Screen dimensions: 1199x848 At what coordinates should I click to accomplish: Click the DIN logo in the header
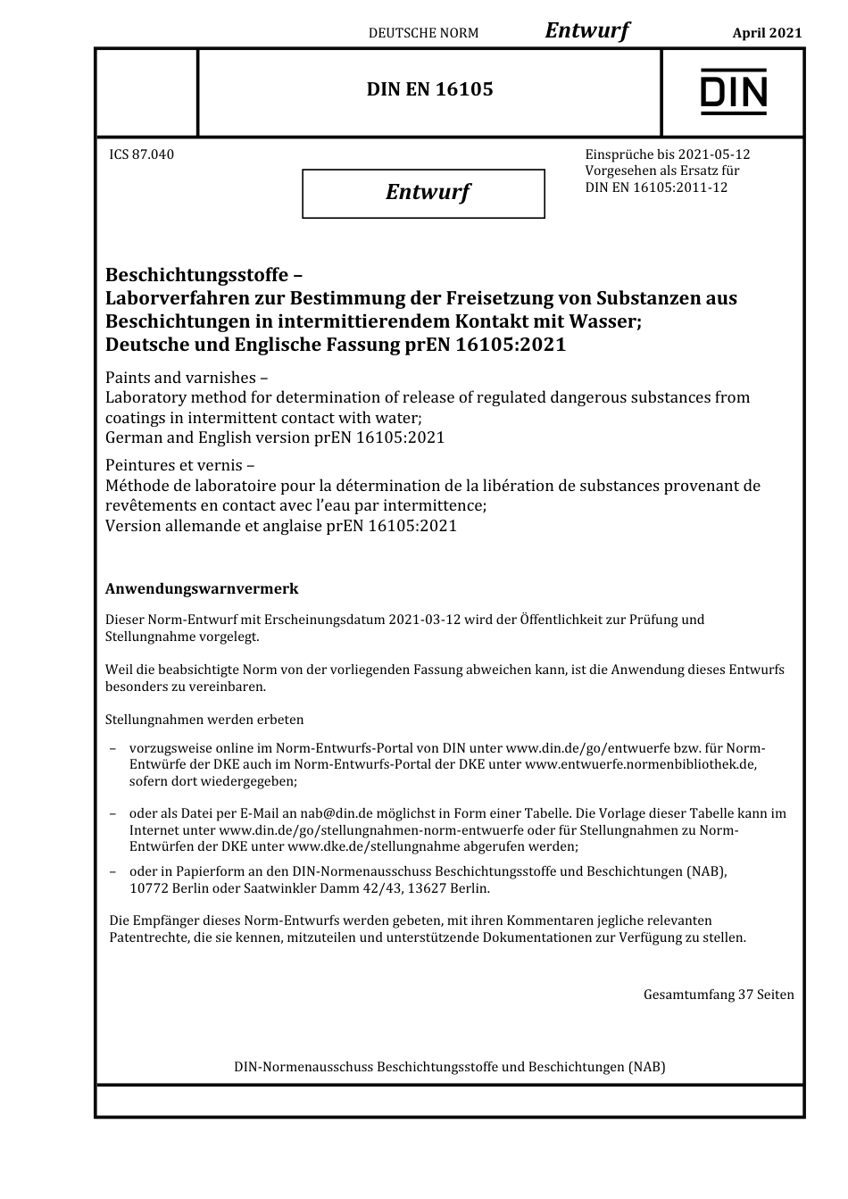coord(733,91)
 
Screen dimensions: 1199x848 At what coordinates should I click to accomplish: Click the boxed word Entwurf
coord(427,192)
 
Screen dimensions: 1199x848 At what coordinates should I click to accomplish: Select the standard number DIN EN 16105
coord(429,89)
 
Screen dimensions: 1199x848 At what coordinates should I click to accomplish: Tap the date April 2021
coord(767,33)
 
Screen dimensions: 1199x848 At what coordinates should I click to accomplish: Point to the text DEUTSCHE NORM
coord(423,33)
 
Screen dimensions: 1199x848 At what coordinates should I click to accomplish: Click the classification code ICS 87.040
coord(141,154)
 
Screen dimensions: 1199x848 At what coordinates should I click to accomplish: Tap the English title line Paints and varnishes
coord(179,377)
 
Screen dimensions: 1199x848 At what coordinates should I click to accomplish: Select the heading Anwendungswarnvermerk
coord(202,589)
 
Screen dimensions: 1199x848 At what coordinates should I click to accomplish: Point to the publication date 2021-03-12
coord(425,620)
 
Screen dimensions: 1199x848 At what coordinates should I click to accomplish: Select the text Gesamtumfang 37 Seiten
coord(718,995)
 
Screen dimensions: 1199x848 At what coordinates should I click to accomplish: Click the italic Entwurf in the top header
coord(586,30)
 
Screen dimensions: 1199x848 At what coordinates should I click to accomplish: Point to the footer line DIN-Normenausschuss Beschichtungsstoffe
coord(449,1067)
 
